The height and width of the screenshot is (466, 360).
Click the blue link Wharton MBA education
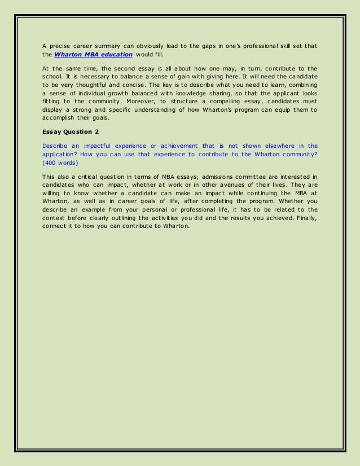tap(93, 54)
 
